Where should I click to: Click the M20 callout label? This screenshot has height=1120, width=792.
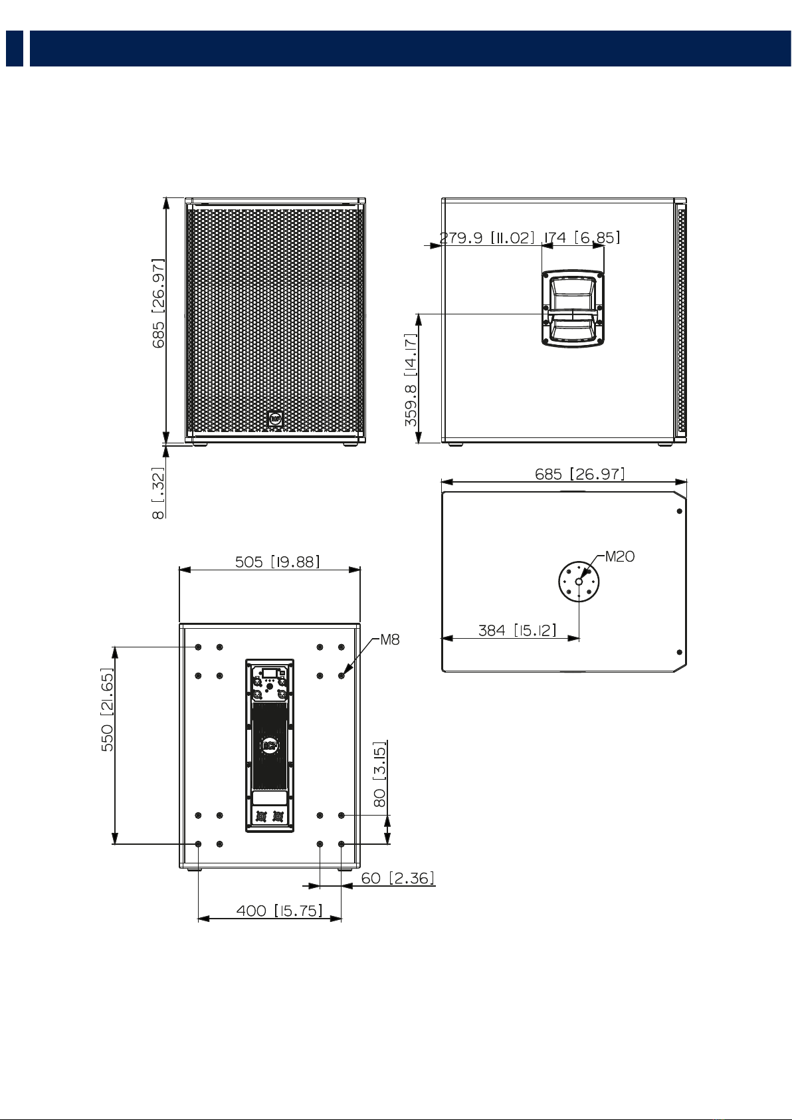click(x=620, y=556)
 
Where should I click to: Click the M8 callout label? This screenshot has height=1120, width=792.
click(x=390, y=639)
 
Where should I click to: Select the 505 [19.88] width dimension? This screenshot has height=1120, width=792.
click(x=277, y=562)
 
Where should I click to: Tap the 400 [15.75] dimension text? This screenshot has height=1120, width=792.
click(x=279, y=911)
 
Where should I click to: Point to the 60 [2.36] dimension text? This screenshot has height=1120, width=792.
click(x=398, y=878)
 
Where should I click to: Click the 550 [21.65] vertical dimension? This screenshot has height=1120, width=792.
click(x=108, y=709)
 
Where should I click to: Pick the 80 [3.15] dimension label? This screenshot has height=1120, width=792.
click(x=380, y=774)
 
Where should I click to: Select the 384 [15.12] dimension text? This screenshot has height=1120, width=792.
click(x=517, y=630)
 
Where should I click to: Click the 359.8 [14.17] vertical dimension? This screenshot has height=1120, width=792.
click(x=411, y=380)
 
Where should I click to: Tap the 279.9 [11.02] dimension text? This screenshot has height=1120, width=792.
click(x=487, y=237)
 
